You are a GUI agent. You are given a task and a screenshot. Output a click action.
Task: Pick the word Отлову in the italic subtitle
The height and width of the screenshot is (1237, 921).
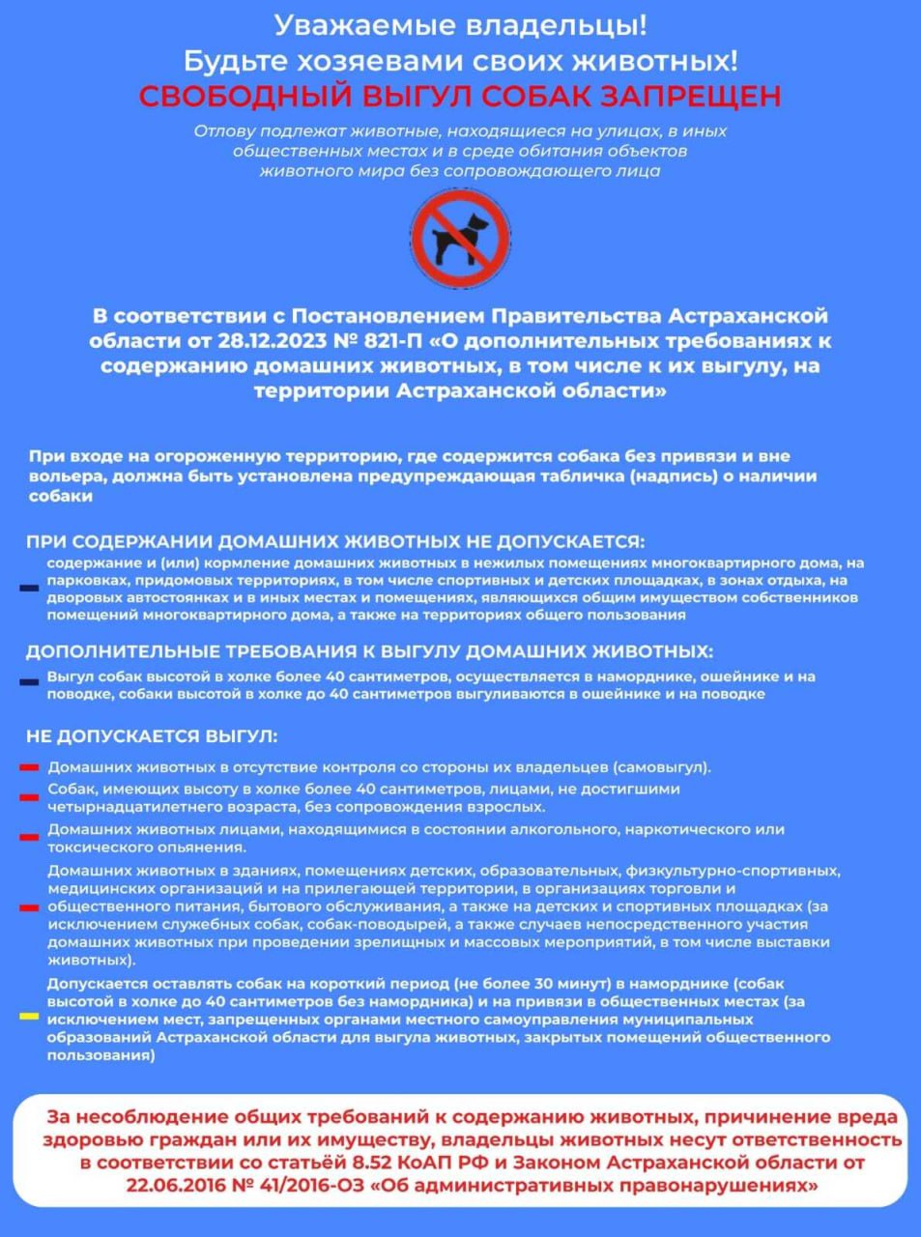223,130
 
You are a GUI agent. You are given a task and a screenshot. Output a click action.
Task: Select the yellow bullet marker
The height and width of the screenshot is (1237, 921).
30,1017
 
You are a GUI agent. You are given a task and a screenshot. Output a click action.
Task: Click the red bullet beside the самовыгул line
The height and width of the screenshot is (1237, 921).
30,767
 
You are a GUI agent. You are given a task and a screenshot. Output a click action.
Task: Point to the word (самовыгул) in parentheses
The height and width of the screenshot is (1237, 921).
662,767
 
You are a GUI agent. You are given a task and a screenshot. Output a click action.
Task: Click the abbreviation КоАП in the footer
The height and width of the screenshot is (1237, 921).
447,1164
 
